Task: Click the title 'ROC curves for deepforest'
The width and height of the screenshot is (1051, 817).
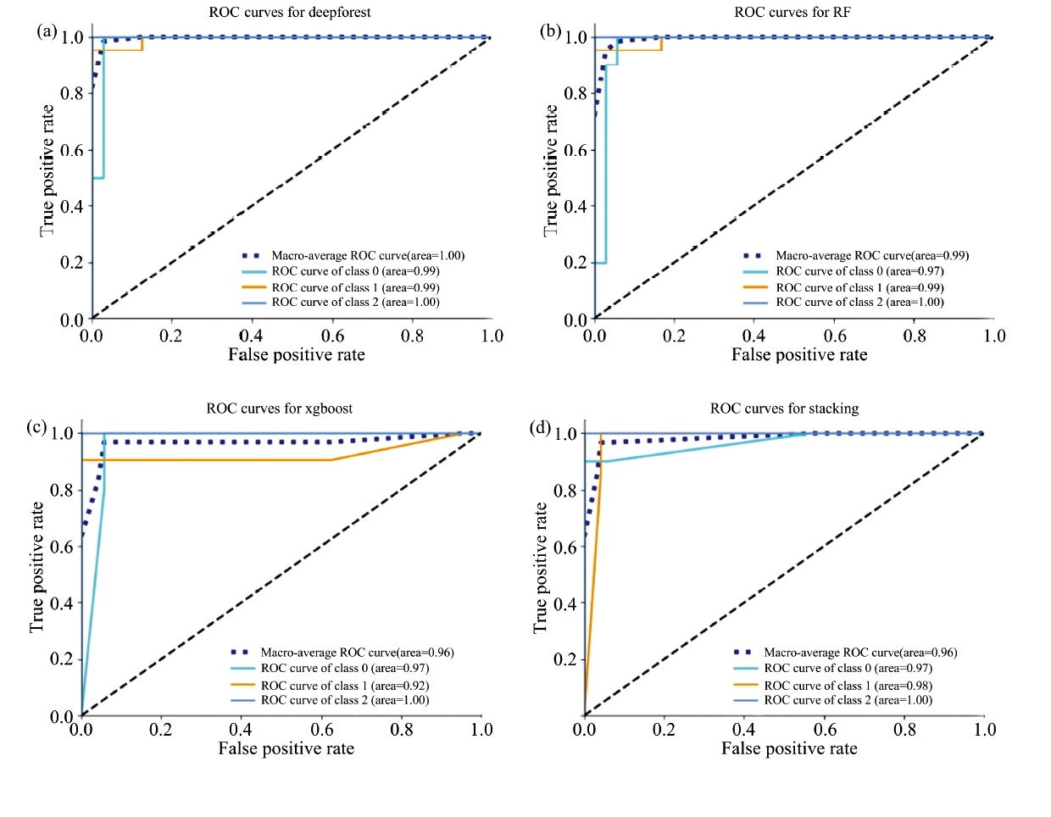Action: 290,13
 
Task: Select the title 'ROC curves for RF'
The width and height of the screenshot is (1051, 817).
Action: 792,13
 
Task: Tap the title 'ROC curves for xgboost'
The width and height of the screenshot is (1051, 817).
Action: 280,408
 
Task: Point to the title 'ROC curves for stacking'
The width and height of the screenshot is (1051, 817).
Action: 784,408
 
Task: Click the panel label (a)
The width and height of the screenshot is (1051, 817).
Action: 46,31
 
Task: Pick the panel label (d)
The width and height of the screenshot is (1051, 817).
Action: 541,427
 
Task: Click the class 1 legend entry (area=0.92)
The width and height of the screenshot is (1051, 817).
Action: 344,685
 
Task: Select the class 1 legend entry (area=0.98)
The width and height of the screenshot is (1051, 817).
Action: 848,685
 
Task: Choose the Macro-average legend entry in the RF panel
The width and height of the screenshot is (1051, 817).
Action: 871,255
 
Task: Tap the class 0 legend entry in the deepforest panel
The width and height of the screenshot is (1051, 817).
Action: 355,271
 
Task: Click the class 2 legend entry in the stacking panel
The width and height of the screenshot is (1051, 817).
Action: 848,700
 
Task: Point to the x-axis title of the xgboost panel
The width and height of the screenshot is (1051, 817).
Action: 286,748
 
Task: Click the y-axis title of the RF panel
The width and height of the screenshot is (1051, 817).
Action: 552,170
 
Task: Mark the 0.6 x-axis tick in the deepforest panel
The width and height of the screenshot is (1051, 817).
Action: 332,336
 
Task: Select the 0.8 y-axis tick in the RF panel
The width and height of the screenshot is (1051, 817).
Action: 576,93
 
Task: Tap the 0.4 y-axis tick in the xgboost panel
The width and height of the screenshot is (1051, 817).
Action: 62,603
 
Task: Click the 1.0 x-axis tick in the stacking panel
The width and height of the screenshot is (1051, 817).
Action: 984,730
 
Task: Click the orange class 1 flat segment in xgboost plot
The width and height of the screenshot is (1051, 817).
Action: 212,460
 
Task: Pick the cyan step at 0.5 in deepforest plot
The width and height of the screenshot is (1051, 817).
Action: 98,178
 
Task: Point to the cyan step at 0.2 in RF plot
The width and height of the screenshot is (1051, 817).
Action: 601,263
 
